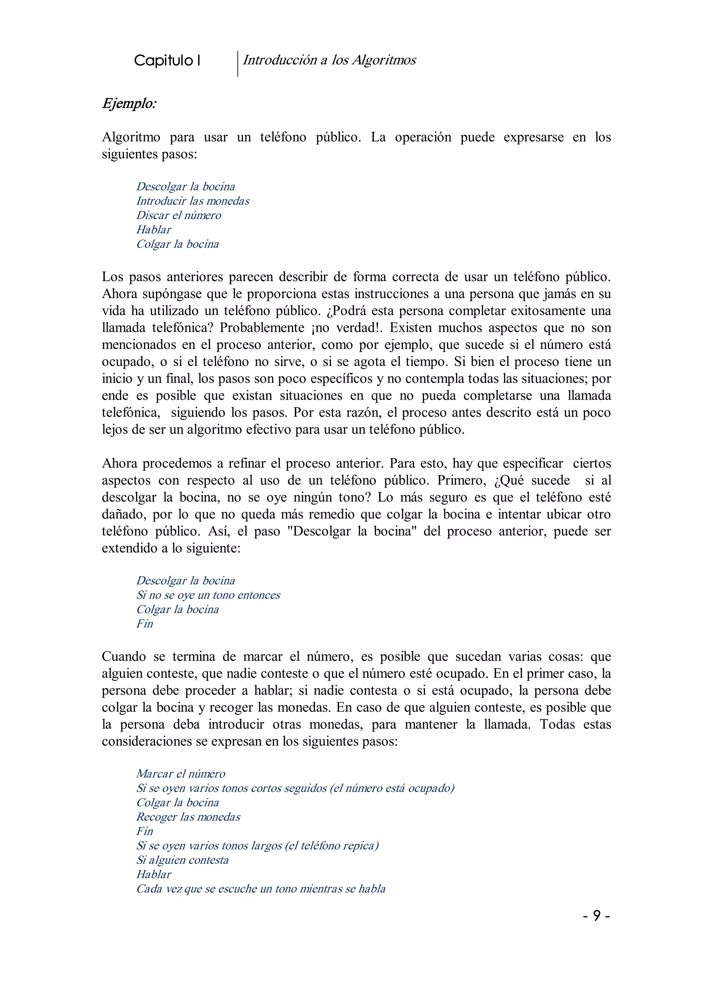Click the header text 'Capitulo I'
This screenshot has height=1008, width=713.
(x=167, y=61)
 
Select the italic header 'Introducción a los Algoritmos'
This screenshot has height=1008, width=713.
(x=329, y=60)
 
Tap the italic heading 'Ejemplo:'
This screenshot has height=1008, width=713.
(x=129, y=104)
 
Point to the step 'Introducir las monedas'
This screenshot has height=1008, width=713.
(x=193, y=201)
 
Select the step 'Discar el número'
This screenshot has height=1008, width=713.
(x=179, y=215)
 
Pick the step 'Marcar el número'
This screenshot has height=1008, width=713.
(x=180, y=774)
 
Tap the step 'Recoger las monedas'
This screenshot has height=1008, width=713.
(x=188, y=817)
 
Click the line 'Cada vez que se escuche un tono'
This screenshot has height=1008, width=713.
(x=261, y=889)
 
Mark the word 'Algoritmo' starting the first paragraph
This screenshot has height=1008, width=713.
(x=131, y=137)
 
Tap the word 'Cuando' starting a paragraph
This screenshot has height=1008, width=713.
(x=124, y=657)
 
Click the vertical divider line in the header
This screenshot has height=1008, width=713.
(x=237, y=64)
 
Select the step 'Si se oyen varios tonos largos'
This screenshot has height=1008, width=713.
(x=257, y=845)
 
